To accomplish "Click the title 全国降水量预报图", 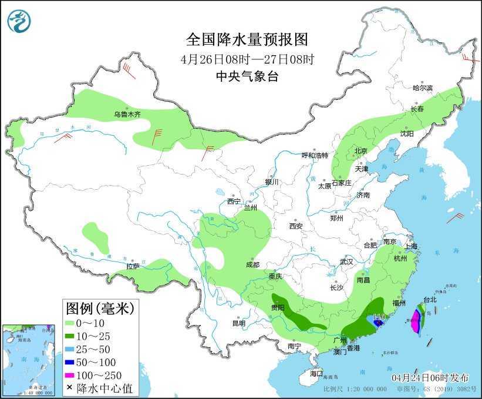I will pyautogui.click(x=247, y=40).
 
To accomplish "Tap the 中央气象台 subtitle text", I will pyautogui.click(x=247, y=76).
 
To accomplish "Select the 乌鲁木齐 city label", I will pyautogui.click(x=127, y=115).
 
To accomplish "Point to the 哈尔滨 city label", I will pyautogui.click(x=422, y=88).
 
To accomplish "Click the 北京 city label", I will pyautogui.click(x=360, y=151).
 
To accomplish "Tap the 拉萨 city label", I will pyautogui.click(x=132, y=266).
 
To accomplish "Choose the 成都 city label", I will pyautogui.click(x=252, y=264).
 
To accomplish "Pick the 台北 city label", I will pyautogui.click(x=430, y=299).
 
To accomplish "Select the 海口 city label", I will pyautogui.click(x=316, y=373).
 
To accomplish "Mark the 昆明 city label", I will pyautogui.click(x=239, y=323).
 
